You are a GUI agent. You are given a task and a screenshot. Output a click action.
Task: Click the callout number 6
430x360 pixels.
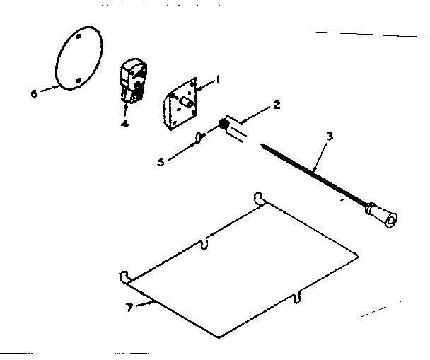pyautogui.click(x=33, y=93)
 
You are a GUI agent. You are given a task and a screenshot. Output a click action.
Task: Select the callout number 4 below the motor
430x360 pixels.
pyautogui.click(x=124, y=123)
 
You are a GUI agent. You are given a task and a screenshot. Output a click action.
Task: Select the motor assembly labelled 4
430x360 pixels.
pyautogui.click(x=132, y=81)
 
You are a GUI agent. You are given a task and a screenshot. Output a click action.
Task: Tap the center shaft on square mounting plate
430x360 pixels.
pyautogui.click(x=187, y=103)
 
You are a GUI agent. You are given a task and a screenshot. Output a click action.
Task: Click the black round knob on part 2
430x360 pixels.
pyautogui.click(x=224, y=125)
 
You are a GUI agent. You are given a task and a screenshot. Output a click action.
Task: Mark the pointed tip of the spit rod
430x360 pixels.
pyautogui.click(x=263, y=146)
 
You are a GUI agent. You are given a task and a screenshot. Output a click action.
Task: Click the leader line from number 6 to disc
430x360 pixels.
pyautogui.click(x=47, y=88)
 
